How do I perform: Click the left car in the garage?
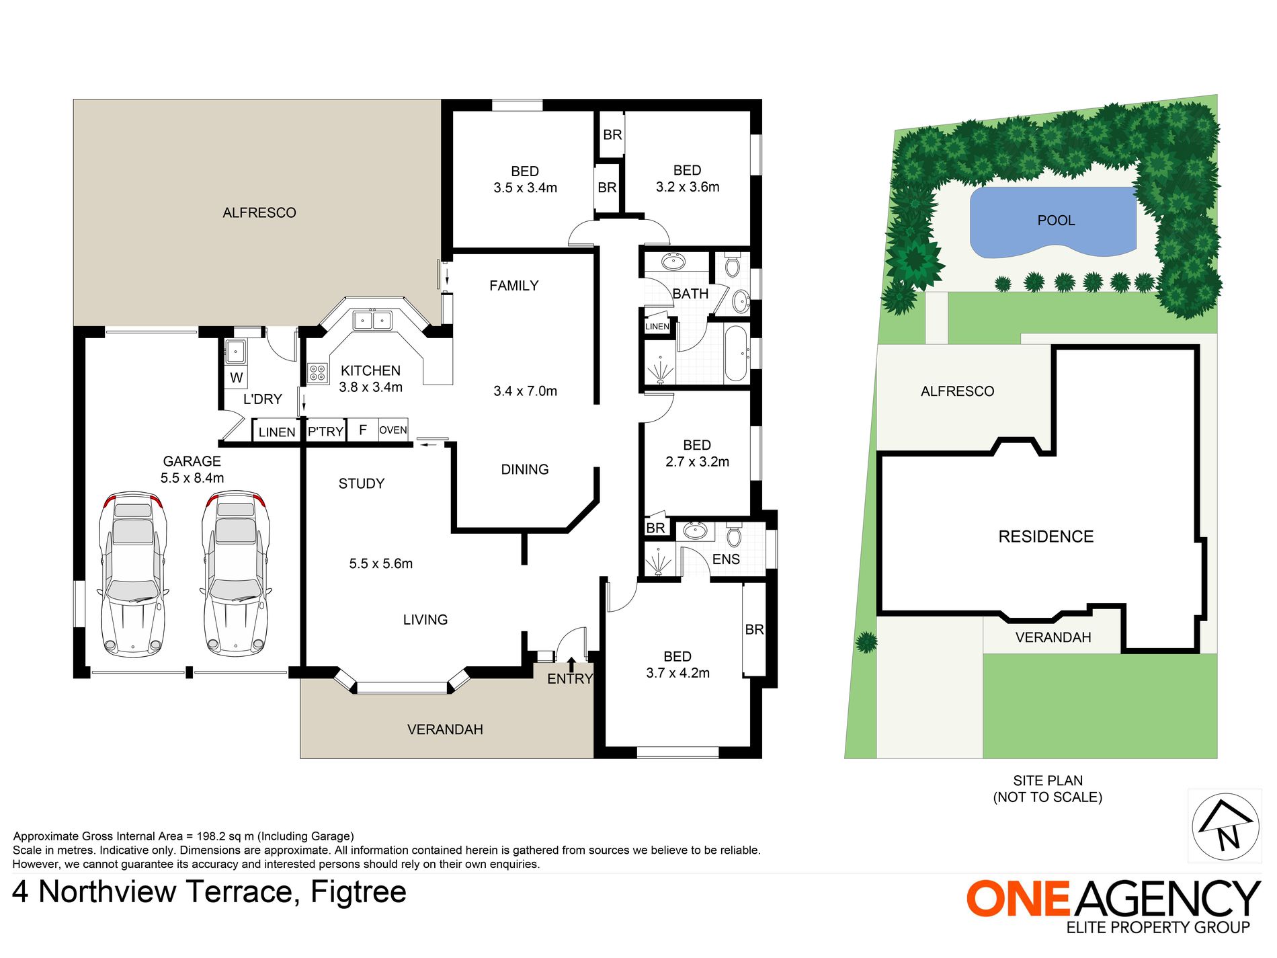click(x=132, y=575)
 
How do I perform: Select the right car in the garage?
click(x=235, y=575)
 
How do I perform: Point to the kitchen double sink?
click(x=372, y=320)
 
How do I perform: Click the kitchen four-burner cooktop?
click(x=317, y=373)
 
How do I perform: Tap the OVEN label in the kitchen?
click(x=393, y=430)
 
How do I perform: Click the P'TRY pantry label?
click(x=325, y=432)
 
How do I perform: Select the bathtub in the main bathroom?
click(x=736, y=353)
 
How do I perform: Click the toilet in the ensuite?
click(x=734, y=536)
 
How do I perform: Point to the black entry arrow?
click(x=571, y=664)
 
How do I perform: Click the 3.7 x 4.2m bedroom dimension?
click(x=677, y=673)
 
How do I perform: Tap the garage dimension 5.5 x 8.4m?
click(x=192, y=478)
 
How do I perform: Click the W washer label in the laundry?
click(x=236, y=378)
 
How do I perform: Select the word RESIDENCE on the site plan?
click(x=1045, y=536)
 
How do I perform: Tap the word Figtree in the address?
click(x=358, y=892)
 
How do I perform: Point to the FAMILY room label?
click(x=513, y=286)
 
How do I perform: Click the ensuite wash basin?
click(x=695, y=532)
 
